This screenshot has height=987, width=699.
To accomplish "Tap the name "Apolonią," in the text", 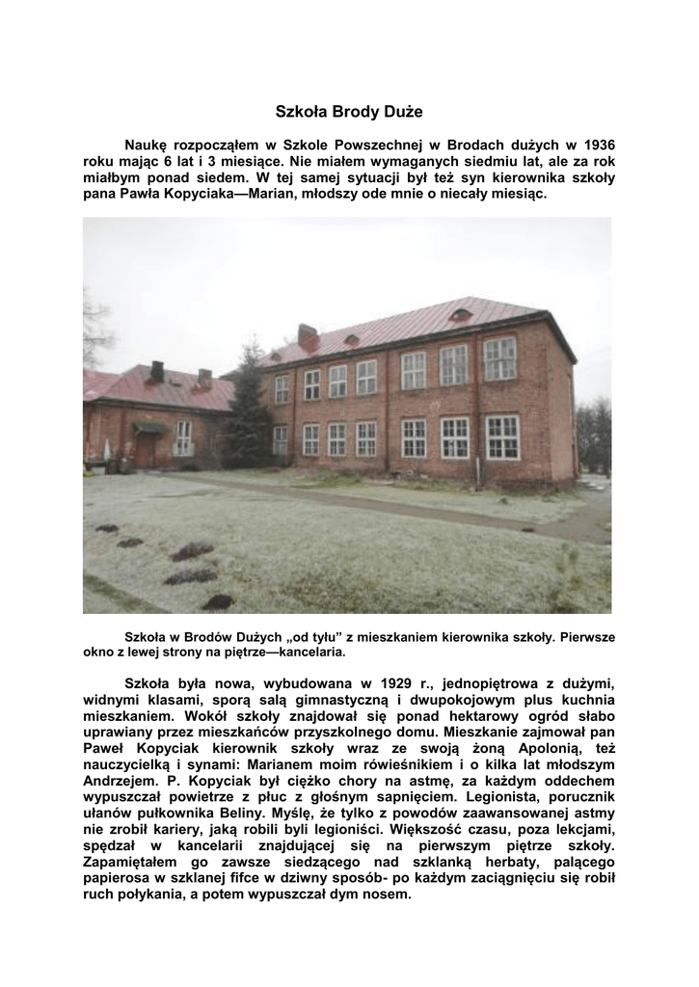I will (x=556, y=749).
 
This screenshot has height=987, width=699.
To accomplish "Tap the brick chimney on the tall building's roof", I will (x=308, y=337).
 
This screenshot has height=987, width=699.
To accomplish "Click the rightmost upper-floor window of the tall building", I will (x=499, y=359).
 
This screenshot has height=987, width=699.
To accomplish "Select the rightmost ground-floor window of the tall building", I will (x=501, y=437).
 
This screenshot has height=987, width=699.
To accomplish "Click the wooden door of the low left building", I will (x=146, y=449).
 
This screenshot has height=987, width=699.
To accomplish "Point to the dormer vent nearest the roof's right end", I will (x=461, y=315).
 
